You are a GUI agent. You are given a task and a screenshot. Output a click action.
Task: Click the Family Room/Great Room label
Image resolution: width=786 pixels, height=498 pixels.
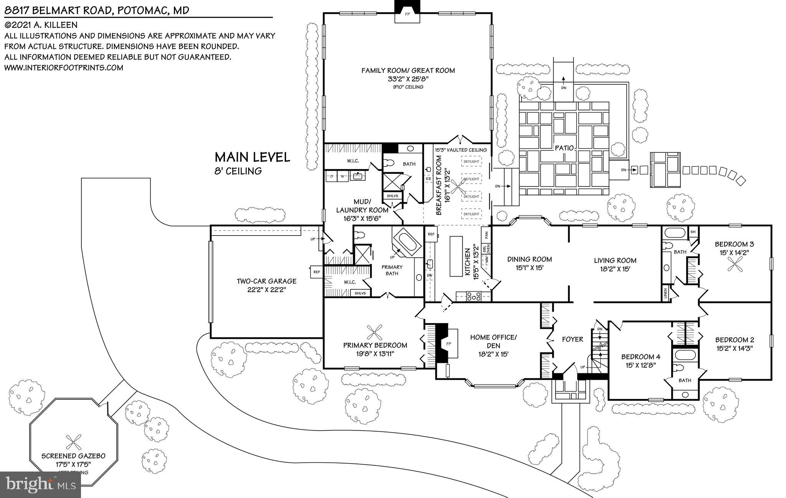click(x=408, y=71)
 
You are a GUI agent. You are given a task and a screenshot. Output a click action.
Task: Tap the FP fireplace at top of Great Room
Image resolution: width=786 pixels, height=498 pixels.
click(x=408, y=15)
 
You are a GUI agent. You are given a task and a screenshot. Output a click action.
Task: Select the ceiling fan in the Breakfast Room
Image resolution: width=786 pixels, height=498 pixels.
click(x=459, y=187)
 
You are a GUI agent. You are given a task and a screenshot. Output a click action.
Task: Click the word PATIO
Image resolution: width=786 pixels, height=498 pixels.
click(x=564, y=148)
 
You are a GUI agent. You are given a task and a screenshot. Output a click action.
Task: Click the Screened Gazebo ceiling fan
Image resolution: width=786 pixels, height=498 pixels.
click(x=73, y=442)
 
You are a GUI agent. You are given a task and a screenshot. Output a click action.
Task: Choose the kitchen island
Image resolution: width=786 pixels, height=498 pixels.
click(x=456, y=256)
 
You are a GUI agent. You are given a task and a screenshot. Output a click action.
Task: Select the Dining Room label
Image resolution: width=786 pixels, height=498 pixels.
click(x=529, y=259)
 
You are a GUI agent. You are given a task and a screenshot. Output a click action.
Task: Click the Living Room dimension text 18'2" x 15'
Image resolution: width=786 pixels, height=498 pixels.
click(x=615, y=269)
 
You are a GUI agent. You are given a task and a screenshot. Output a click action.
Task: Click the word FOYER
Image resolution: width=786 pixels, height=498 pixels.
click(x=572, y=339)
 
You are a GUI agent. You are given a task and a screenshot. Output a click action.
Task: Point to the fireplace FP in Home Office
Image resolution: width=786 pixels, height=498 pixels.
click(x=448, y=345)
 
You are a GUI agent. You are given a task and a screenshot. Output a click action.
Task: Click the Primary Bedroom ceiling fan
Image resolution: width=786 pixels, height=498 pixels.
click(x=375, y=333)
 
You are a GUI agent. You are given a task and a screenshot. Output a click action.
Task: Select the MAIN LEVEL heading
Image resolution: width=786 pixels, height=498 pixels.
click(x=252, y=157)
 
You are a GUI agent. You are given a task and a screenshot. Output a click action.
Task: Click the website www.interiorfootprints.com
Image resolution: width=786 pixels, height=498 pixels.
click(x=64, y=68)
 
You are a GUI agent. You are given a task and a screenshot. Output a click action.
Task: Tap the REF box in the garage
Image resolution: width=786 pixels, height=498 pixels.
click(x=316, y=272)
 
